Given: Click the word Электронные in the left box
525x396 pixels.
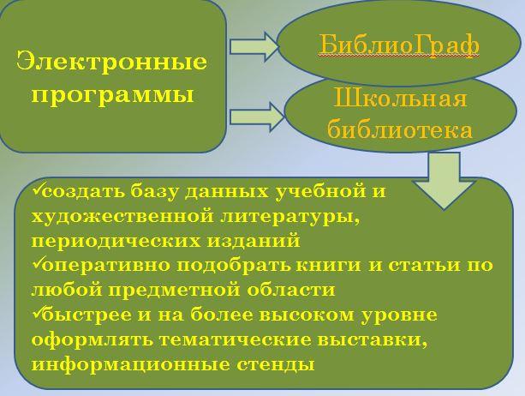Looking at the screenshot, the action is coord(111,62).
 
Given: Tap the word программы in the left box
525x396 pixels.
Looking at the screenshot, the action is coord(113,95).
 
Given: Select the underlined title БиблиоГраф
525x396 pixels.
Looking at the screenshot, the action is coord(398,45).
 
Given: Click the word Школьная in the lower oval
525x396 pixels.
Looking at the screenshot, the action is coord(401,98).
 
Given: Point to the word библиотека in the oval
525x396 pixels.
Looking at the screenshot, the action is coord(400,129).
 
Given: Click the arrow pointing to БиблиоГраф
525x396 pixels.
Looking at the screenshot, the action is coord(254,46).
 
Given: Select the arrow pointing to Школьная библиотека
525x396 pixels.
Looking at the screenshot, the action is coord(257,117).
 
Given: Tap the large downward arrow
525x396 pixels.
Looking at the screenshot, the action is coord(444,181).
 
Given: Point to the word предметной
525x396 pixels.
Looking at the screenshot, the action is coord(173,290).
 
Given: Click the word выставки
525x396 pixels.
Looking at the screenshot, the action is coord(373,340).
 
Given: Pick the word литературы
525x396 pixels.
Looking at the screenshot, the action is coord(290,217).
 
